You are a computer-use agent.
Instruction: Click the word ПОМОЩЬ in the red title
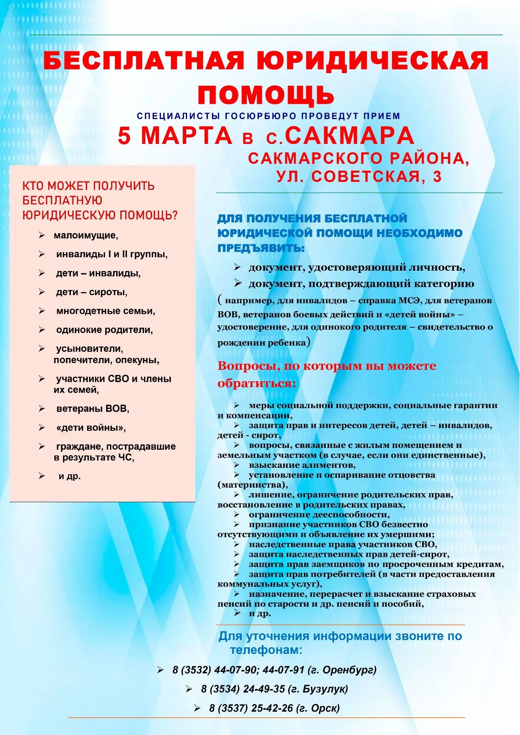click(x=266, y=95)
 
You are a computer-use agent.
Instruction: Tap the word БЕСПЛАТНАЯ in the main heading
click(x=144, y=61)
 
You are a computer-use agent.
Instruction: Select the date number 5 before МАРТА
click(x=124, y=136)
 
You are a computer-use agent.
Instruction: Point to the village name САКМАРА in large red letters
click(x=349, y=136)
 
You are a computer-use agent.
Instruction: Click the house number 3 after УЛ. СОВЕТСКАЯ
click(x=437, y=177)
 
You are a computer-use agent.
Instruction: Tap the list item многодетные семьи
click(x=106, y=311)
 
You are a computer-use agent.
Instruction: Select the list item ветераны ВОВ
click(x=93, y=409)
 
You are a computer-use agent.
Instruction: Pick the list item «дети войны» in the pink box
click(x=91, y=428)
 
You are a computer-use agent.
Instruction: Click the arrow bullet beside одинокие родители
click(x=42, y=330)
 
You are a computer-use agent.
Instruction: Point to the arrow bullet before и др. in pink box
click(x=42, y=476)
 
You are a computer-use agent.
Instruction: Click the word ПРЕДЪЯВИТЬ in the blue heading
click(x=261, y=248)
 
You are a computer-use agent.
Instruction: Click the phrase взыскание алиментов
click(x=302, y=465)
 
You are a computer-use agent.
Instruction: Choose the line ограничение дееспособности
click(x=319, y=514)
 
